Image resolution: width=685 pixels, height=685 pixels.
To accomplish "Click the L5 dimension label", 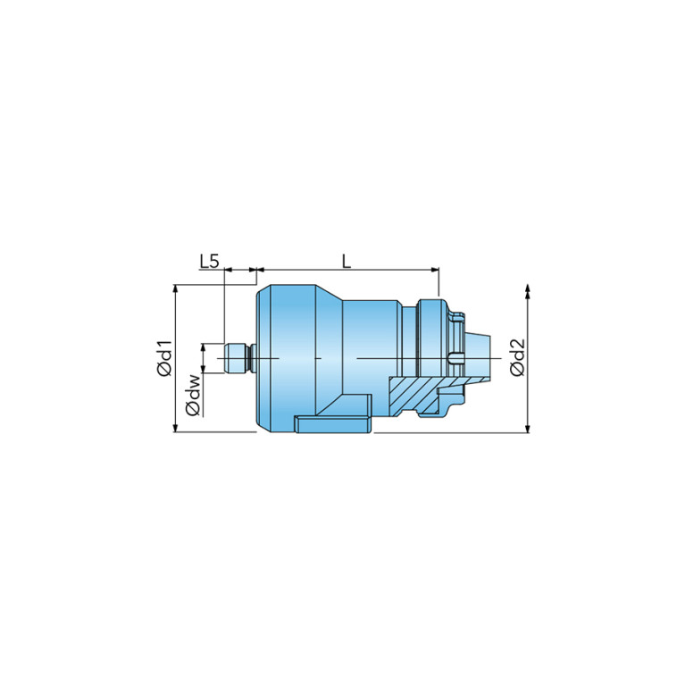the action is [209, 262].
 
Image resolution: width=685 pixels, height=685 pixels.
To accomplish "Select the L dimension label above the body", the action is [347, 262].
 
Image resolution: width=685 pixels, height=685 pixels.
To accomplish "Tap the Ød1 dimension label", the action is [164, 358].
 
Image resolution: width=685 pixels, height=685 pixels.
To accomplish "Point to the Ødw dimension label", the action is [193, 395].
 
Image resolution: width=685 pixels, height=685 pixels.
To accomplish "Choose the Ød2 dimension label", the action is [517, 357].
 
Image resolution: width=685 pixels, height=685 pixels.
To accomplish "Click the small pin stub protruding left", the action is [238, 358].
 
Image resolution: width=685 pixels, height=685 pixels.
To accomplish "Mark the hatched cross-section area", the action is [420, 395].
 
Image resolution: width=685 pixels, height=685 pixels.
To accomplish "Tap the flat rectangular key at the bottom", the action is [333, 424].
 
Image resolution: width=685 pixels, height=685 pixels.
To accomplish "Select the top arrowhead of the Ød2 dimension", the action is [528, 289].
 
